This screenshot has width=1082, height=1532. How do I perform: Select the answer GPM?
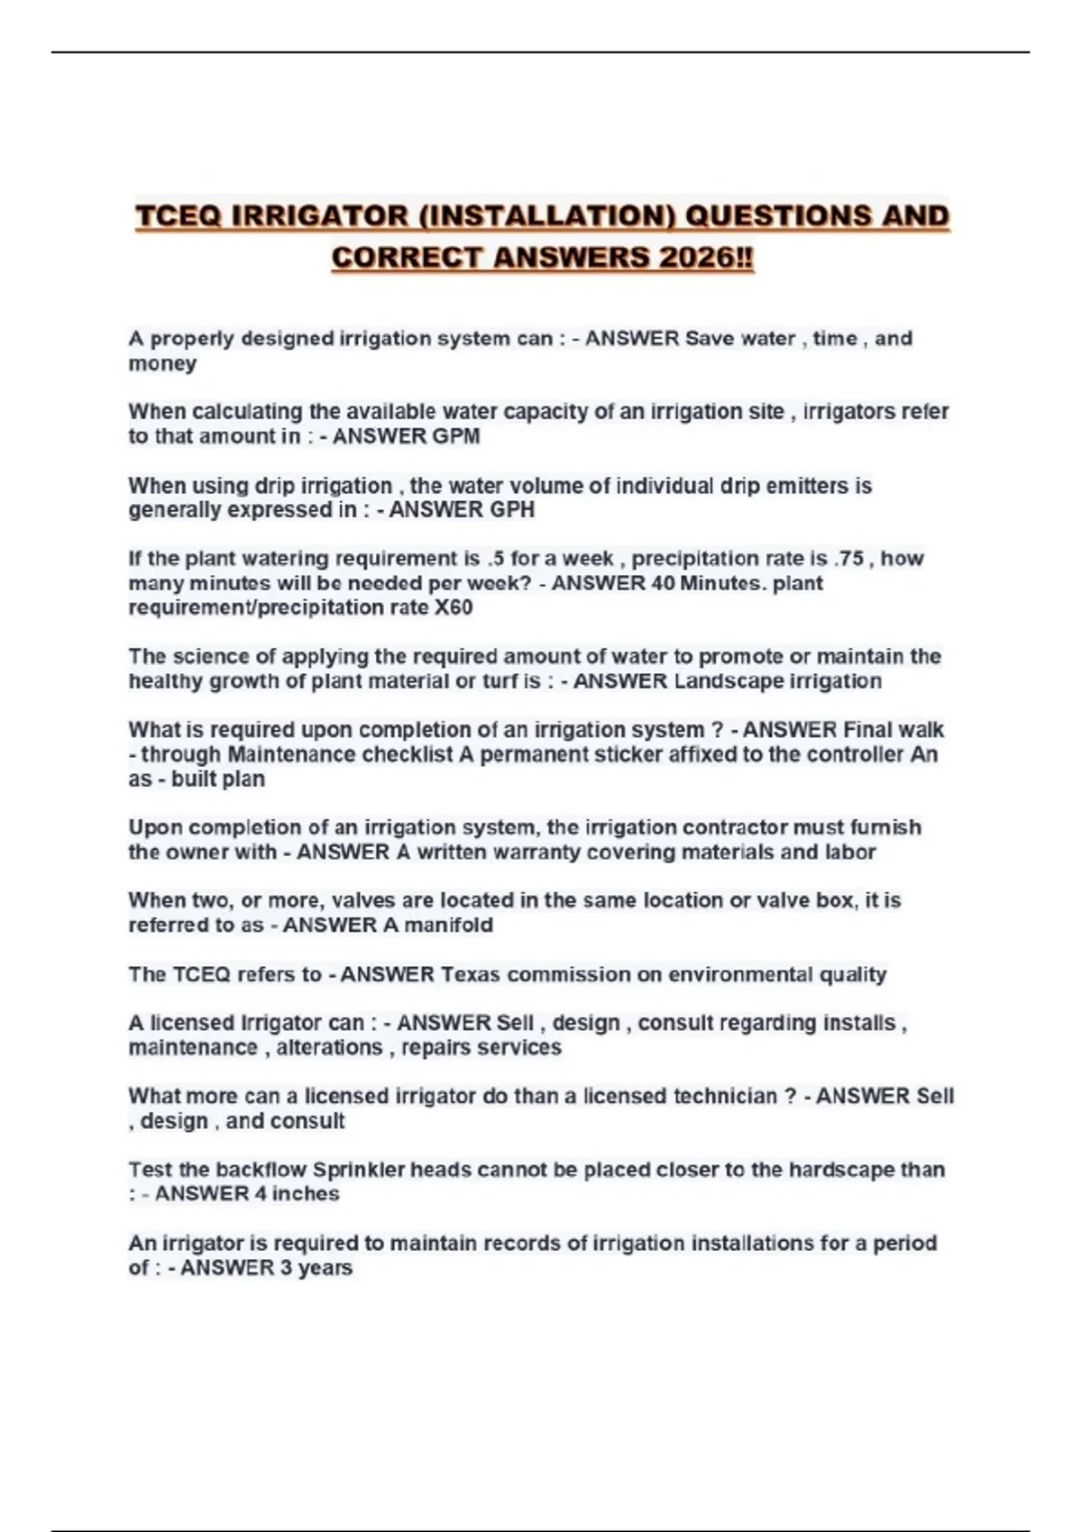point(458,436)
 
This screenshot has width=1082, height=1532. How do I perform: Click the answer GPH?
point(512,510)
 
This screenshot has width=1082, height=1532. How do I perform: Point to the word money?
point(162,363)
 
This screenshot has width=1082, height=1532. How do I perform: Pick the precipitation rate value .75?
point(849,559)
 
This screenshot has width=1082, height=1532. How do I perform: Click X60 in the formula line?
point(453,607)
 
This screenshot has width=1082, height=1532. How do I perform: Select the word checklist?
point(408,754)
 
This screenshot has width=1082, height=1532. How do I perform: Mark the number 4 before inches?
point(261,1194)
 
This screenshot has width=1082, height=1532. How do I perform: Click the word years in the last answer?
point(325,1268)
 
